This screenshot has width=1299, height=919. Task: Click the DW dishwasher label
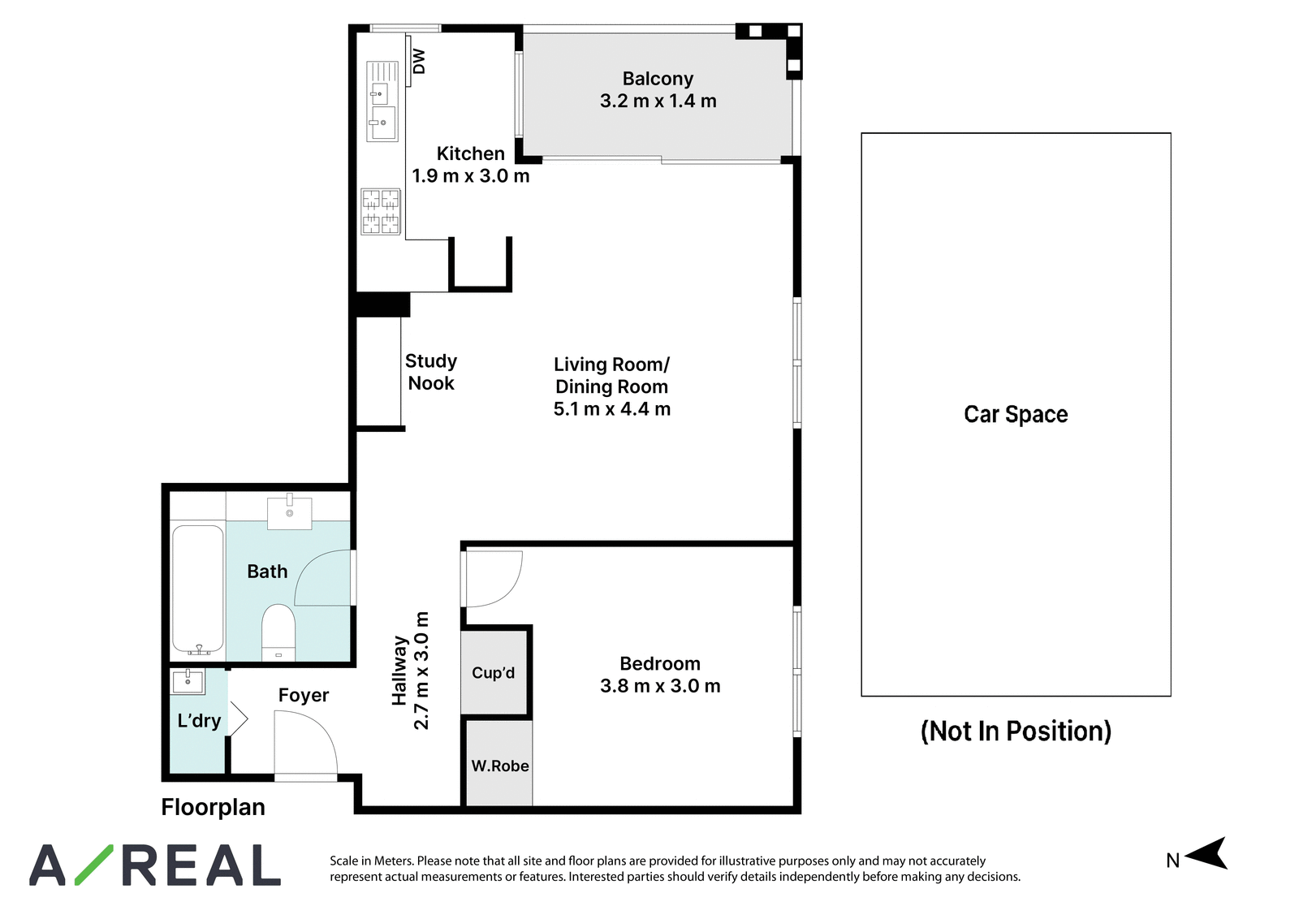click(419, 62)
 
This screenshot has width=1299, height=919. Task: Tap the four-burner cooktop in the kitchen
click(381, 212)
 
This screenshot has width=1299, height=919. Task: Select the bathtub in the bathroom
click(198, 589)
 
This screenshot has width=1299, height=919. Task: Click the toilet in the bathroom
click(278, 632)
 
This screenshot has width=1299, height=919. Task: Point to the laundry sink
click(188, 681)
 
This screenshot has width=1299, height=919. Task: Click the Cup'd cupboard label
click(493, 672)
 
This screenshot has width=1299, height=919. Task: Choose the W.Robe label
click(500, 766)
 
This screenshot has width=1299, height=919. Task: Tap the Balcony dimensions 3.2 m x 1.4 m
click(658, 101)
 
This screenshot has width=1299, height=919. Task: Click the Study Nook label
click(431, 373)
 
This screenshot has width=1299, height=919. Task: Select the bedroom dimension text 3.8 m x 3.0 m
click(660, 686)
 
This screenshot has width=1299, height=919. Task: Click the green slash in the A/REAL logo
click(94, 865)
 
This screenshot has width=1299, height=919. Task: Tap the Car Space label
click(1016, 414)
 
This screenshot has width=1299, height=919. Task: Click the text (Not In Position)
click(1016, 731)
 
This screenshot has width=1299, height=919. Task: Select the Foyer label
click(304, 695)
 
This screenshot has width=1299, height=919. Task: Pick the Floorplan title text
click(213, 807)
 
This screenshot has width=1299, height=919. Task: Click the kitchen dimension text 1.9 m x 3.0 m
click(470, 175)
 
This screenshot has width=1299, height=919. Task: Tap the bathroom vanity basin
click(289, 512)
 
